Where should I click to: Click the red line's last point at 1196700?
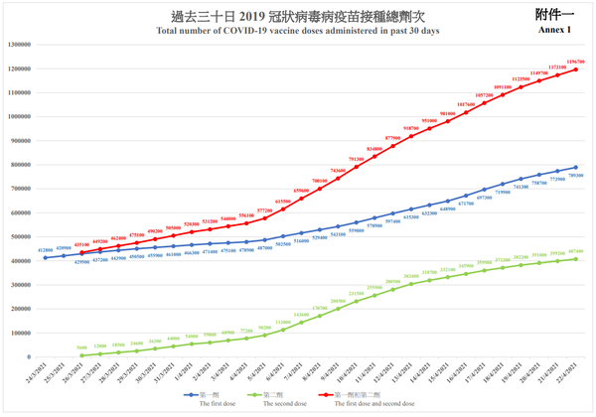coord(575,69)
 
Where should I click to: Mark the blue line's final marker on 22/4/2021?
coord(575,168)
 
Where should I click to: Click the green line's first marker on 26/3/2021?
coord(81,354)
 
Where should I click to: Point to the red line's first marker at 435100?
coord(81,252)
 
